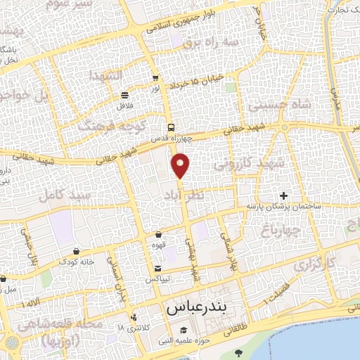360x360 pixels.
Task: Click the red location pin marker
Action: coord(181,165)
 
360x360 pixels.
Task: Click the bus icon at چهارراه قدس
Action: coord(172,127)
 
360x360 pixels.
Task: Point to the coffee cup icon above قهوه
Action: coord(158,234)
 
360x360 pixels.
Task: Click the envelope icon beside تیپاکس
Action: coord(158,269)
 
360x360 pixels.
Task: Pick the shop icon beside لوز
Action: coord(155,79)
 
